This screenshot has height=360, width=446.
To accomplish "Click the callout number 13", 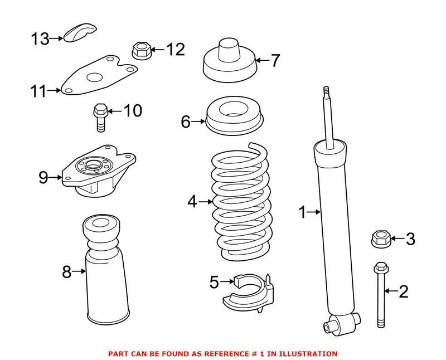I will pos(40,38).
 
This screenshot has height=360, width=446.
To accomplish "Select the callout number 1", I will pos(302,212).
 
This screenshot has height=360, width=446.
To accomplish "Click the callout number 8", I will pos(67,272).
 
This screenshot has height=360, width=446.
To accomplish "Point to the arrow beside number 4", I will pos(205,201).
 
